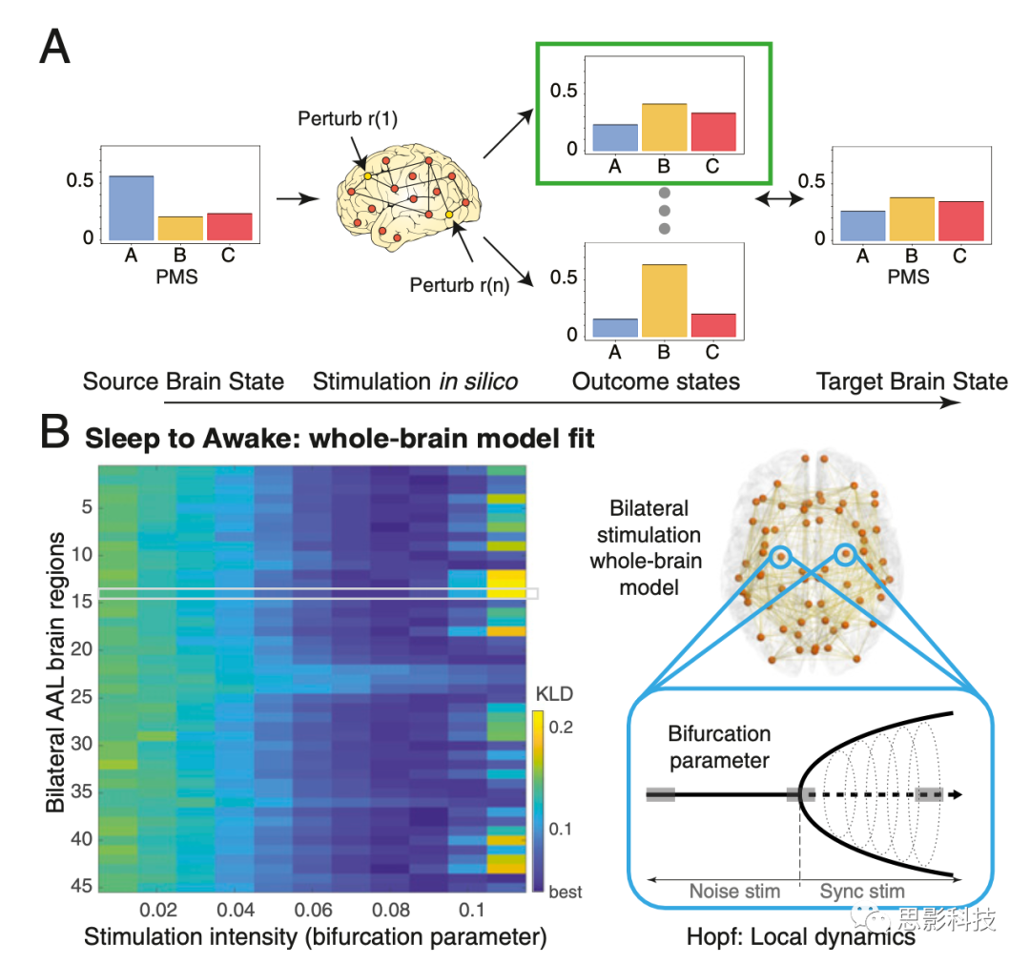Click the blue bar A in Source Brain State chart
point(131,207)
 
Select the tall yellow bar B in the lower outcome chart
point(665,300)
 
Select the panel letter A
point(54,45)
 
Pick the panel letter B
point(54,437)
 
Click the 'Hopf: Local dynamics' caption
point(801,937)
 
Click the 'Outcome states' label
point(655,382)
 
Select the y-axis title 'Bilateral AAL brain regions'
point(56,673)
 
